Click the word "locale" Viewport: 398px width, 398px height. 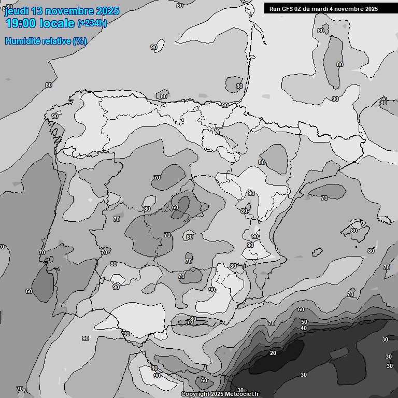coord(60,23)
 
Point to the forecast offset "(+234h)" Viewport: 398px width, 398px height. coord(92,23)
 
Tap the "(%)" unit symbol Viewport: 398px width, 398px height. coord(80,40)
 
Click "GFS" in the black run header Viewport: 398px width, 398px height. coord(288,9)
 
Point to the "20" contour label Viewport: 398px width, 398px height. coord(273,353)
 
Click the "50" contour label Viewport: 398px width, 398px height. coord(304,322)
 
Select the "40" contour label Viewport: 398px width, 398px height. coord(304,328)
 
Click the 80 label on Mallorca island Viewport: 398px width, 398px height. coord(353,231)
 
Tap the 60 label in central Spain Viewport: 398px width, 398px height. coord(175,207)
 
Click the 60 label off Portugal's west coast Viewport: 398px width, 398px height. coord(29,291)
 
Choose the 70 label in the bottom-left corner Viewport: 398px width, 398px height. coord(20,389)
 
